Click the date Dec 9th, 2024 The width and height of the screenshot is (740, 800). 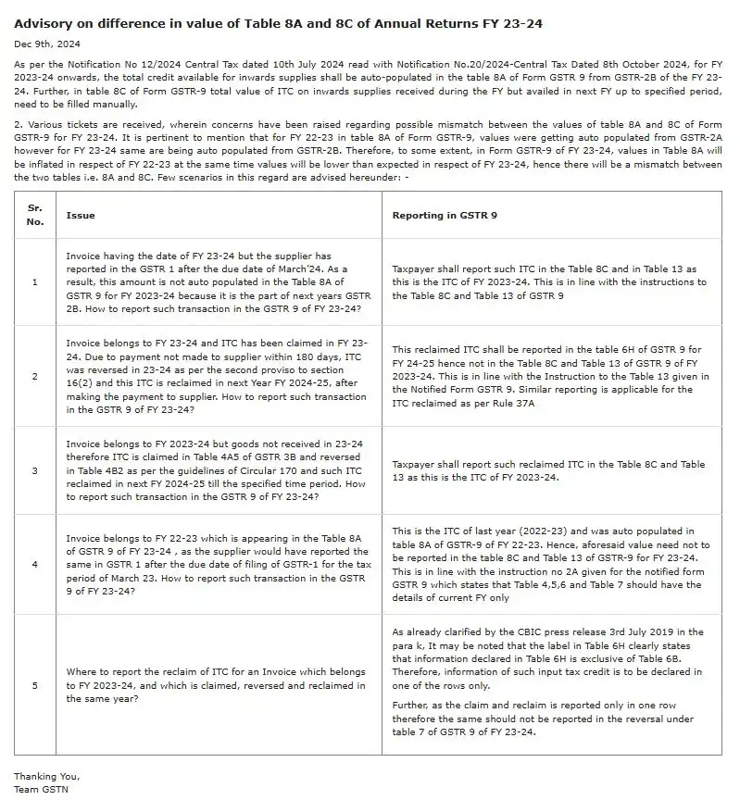[x=44, y=44]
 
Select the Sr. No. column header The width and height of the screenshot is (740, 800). [x=35, y=215]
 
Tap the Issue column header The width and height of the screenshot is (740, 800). [x=81, y=215]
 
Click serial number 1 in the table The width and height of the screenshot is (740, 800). [x=35, y=281]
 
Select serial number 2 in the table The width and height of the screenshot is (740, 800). [x=35, y=376]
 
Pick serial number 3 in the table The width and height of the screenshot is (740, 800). [x=35, y=470]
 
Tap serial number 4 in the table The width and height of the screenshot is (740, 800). [x=35, y=564]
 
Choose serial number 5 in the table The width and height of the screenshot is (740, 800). [x=35, y=686]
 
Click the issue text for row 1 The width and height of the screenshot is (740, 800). [x=219, y=281]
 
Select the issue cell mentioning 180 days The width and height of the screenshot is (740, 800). [x=219, y=376]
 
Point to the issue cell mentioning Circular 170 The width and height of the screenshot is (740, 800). [x=219, y=470]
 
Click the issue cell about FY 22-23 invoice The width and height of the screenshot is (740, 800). [x=219, y=564]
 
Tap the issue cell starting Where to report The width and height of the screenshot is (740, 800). [x=219, y=686]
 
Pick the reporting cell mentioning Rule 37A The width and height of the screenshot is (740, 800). [x=550, y=376]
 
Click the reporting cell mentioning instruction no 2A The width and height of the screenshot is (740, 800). [x=550, y=564]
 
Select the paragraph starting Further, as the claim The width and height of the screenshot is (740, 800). [x=550, y=719]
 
